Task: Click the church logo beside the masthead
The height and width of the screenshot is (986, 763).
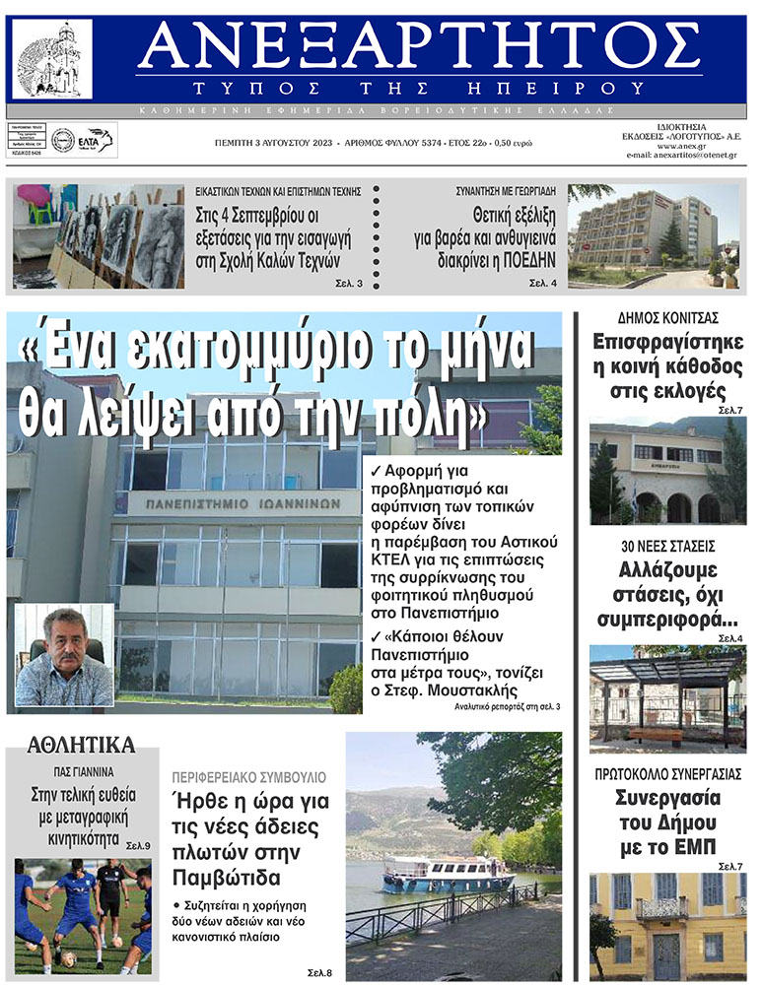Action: click(52, 59)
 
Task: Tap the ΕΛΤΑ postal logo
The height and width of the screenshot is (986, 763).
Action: click(97, 139)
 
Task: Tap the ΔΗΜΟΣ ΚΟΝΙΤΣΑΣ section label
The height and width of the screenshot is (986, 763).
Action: click(667, 317)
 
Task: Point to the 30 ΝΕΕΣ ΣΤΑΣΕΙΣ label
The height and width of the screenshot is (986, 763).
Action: click(667, 545)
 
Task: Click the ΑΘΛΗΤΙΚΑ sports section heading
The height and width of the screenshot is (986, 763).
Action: click(82, 745)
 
